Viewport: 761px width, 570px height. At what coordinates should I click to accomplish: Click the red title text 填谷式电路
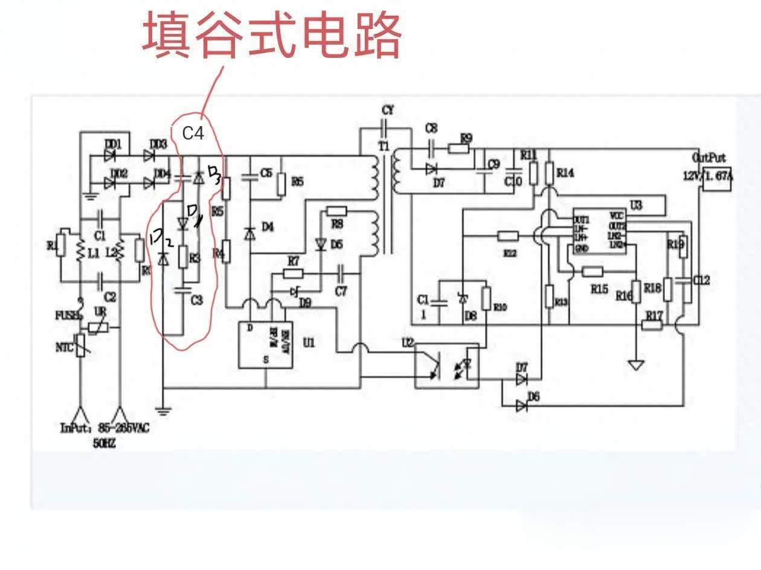272,36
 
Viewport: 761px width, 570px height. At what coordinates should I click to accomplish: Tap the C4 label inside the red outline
193,133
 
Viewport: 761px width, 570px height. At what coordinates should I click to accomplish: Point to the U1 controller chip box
265,344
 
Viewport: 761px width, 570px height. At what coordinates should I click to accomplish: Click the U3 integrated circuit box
599,232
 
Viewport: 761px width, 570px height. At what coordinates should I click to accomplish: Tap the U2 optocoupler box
446,366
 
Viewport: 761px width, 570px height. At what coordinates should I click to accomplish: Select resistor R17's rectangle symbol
652,325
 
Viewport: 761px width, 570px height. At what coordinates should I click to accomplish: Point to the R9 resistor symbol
458,149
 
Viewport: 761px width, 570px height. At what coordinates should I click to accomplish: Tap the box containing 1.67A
716,178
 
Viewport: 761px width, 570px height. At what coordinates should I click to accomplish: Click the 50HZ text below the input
104,443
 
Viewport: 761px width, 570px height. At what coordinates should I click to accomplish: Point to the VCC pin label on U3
617,215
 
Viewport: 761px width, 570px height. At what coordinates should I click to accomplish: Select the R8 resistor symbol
336,211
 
